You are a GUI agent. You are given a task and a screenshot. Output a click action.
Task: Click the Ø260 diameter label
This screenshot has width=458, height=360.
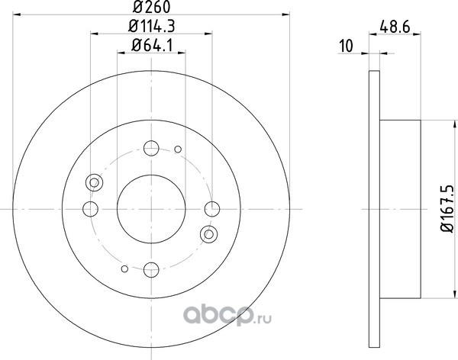click(151, 8)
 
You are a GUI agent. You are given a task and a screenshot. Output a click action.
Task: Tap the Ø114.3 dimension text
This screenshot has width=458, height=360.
click(152, 27)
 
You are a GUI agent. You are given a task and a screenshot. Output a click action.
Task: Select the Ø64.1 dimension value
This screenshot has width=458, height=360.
click(152, 45)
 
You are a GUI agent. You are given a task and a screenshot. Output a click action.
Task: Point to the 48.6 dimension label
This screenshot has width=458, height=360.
click(395, 27)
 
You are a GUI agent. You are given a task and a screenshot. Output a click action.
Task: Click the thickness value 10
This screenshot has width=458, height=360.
click(347, 46)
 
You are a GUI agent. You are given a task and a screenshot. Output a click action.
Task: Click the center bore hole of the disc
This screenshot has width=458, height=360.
click(151, 209)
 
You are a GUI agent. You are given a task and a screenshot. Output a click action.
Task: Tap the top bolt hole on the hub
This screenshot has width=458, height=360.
click(151, 148)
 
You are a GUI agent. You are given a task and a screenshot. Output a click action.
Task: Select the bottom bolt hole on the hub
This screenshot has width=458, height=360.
click(151, 269)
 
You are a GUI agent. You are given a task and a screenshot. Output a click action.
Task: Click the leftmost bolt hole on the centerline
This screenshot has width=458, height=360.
click(90, 209)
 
